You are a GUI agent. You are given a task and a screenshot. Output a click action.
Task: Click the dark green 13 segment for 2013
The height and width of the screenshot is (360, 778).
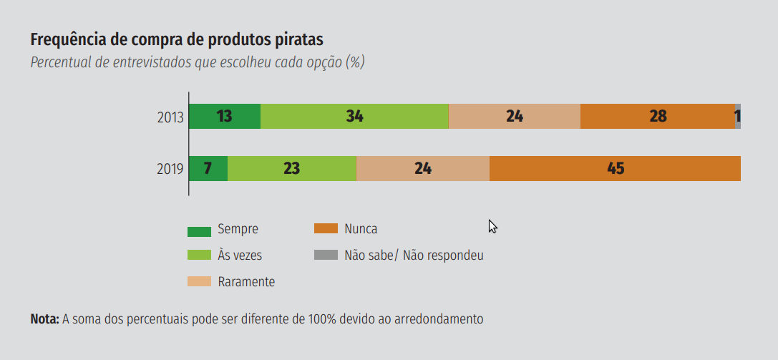point(224,116)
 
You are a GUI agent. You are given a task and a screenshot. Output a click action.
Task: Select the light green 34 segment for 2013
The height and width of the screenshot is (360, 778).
point(354,116)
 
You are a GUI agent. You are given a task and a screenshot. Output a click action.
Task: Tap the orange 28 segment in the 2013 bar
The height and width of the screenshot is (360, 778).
point(658,116)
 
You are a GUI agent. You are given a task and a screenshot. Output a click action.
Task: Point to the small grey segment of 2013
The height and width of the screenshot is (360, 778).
point(738,116)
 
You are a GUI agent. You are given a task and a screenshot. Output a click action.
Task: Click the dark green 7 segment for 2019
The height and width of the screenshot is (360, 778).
point(208,168)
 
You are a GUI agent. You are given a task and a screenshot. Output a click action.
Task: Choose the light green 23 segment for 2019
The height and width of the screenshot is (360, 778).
point(291,168)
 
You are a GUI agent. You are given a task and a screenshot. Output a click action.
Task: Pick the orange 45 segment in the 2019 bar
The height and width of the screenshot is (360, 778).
point(615,168)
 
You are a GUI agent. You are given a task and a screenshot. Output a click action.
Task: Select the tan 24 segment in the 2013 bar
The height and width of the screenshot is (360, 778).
point(514,116)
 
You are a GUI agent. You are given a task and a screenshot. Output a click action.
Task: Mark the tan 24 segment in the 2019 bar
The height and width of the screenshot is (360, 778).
point(422,168)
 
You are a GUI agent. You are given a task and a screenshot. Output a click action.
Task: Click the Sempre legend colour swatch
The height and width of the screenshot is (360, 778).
point(199,230)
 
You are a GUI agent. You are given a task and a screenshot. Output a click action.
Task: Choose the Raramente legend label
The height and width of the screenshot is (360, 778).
point(246,281)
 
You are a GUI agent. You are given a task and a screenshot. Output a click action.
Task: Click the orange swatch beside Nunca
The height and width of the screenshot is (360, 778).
point(326,229)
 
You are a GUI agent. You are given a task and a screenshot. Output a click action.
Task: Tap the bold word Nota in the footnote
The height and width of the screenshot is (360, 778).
point(44,319)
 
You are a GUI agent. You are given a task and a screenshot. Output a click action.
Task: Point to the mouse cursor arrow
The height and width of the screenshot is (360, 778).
point(492,225)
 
